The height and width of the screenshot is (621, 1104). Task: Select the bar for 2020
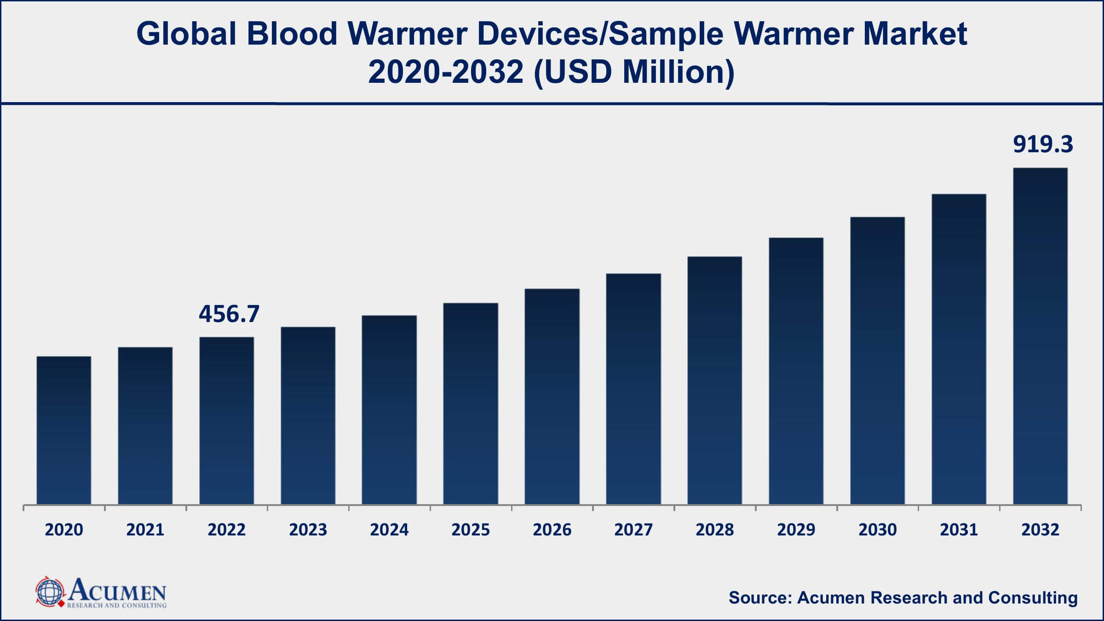coord(64,430)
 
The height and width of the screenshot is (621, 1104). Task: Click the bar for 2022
coord(226,421)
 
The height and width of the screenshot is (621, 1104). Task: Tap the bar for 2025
coord(471,404)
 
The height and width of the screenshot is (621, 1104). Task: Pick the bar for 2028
coord(715,380)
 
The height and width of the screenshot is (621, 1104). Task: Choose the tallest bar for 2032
coord(1040,336)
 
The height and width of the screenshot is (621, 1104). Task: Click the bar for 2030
coord(877,361)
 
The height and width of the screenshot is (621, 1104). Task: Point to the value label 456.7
coord(229,314)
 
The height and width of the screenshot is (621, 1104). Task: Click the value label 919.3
coord(1043,144)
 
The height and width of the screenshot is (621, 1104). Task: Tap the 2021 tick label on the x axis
coord(145,530)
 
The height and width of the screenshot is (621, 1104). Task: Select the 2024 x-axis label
coord(389,530)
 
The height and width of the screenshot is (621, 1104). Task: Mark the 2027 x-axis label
coord(633,530)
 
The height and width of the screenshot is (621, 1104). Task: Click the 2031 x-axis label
coord(959,530)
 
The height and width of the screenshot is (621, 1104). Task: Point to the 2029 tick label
coord(796,530)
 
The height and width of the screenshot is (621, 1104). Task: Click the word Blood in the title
coord(292,34)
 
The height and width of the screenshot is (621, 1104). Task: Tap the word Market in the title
coord(915,34)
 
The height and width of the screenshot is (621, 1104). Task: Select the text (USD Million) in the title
coord(634,73)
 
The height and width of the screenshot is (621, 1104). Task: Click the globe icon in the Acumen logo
coord(49,592)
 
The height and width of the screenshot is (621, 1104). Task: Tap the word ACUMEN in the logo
coord(118,590)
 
